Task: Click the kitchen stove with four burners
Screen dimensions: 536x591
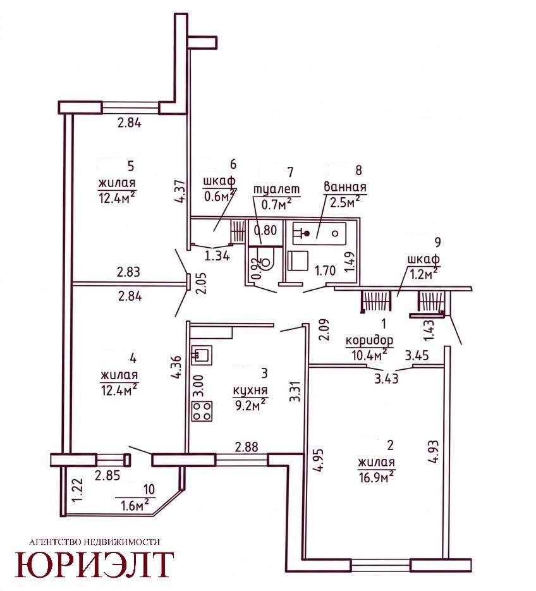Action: click(x=202, y=411)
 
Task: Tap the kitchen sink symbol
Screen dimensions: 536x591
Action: click(x=202, y=355)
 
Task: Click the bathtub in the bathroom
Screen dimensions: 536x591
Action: click(x=319, y=233)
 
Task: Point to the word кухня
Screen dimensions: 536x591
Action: click(x=250, y=391)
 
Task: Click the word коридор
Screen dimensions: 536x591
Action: click(x=369, y=340)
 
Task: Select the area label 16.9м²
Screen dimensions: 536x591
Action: click(x=376, y=478)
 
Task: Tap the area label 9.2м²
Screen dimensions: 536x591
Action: click(x=250, y=405)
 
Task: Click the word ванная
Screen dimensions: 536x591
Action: click(x=345, y=186)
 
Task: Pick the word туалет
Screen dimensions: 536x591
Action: click(x=277, y=189)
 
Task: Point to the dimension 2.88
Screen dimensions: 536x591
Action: click(x=247, y=447)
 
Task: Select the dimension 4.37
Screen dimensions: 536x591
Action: click(x=181, y=191)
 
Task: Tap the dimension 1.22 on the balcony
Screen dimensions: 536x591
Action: click(x=77, y=489)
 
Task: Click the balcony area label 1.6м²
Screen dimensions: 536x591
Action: click(x=134, y=504)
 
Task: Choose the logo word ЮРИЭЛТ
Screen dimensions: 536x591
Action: click(x=94, y=564)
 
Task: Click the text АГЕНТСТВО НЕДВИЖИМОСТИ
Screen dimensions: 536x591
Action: click(x=94, y=542)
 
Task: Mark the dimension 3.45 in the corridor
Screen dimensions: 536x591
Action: click(x=417, y=355)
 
